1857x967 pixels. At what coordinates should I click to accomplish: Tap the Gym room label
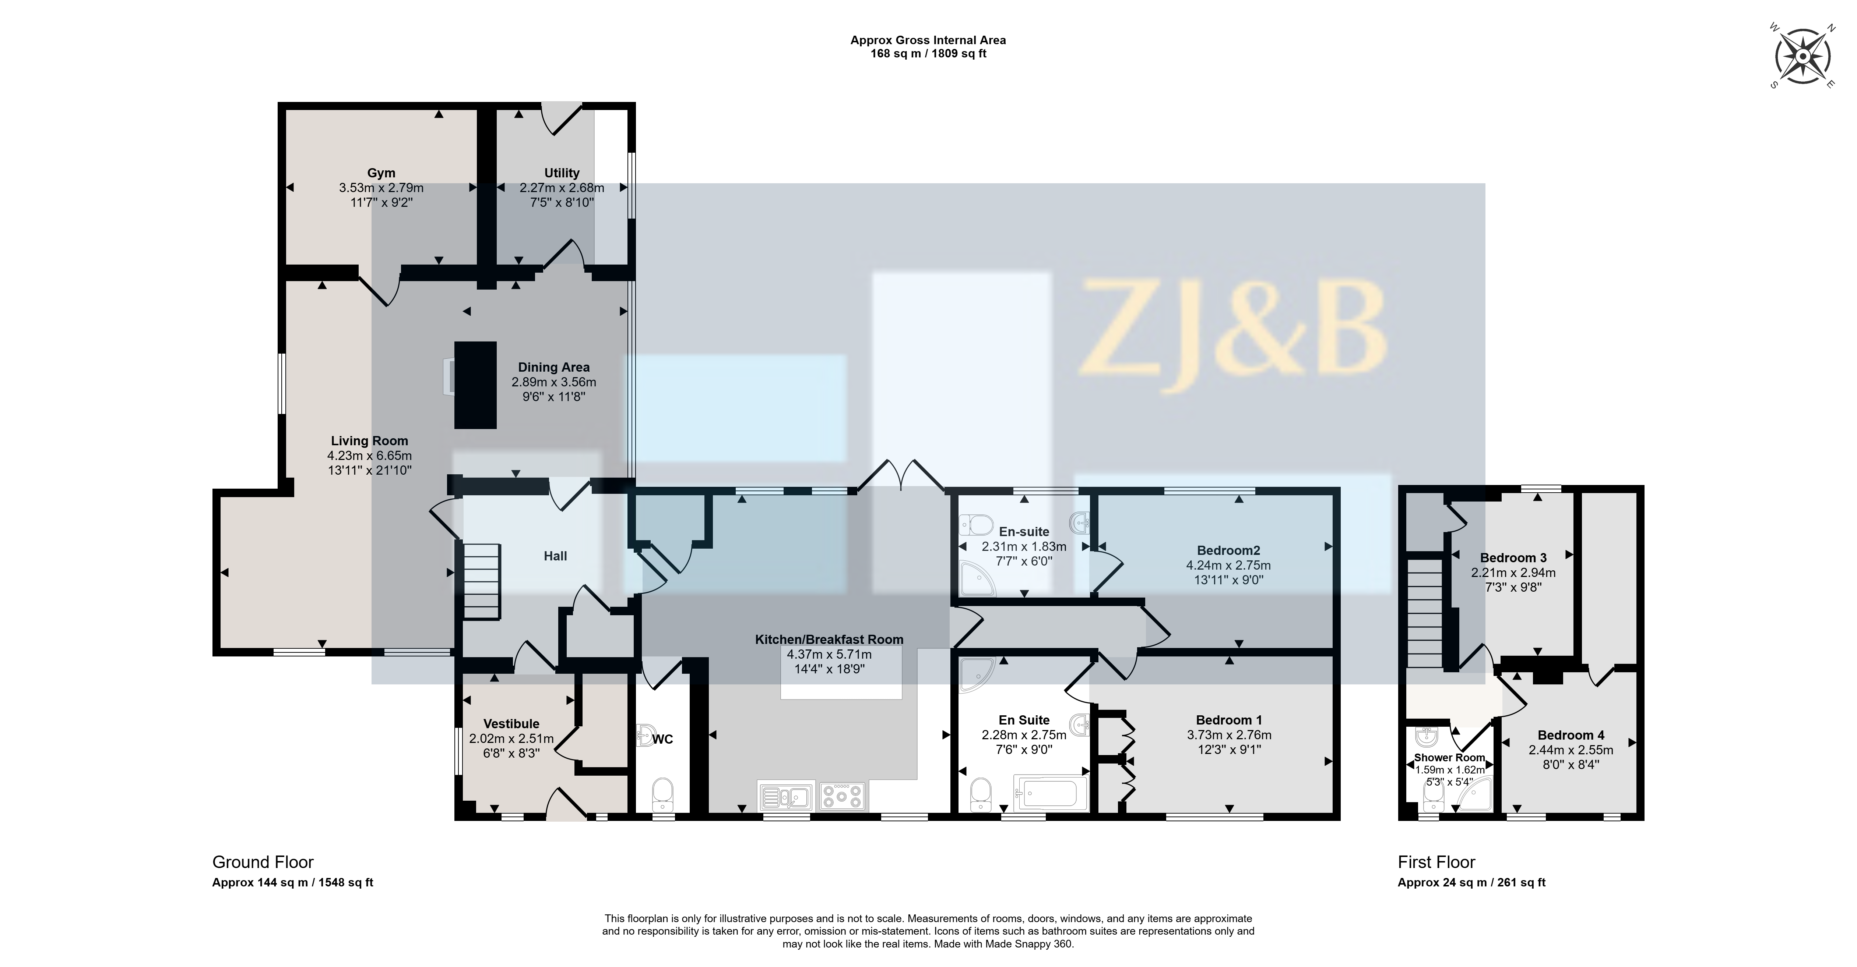381,173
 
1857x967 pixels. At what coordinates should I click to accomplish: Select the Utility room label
562,173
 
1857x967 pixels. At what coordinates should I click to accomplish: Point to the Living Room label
370,441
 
